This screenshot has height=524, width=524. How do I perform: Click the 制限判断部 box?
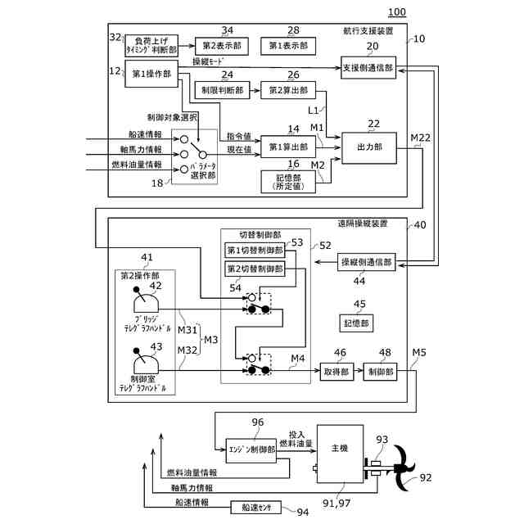(x=220, y=91)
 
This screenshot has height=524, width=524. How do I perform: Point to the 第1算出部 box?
(x=286, y=147)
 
